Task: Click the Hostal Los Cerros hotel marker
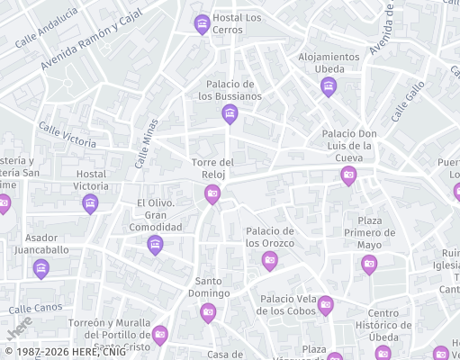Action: coord(203,23)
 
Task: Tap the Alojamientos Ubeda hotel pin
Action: coord(328,85)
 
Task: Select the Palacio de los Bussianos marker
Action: coord(230,113)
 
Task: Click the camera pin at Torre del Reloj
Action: coord(212,193)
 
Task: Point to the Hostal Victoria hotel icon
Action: coord(90,203)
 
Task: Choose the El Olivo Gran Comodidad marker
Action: coord(156,244)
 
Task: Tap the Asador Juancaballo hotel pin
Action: coord(41,268)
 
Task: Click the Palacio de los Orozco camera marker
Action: coord(269,261)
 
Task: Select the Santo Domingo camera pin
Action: coord(208,312)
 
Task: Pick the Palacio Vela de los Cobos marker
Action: coord(326,305)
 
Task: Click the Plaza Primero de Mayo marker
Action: coord(369,264)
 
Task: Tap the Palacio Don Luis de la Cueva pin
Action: coord(348,175)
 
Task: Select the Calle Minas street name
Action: coord(146,144)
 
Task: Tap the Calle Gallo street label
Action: coord(408,101)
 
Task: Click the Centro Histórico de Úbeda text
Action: coord(396,325)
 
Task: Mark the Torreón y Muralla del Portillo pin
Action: coord(160,335)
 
